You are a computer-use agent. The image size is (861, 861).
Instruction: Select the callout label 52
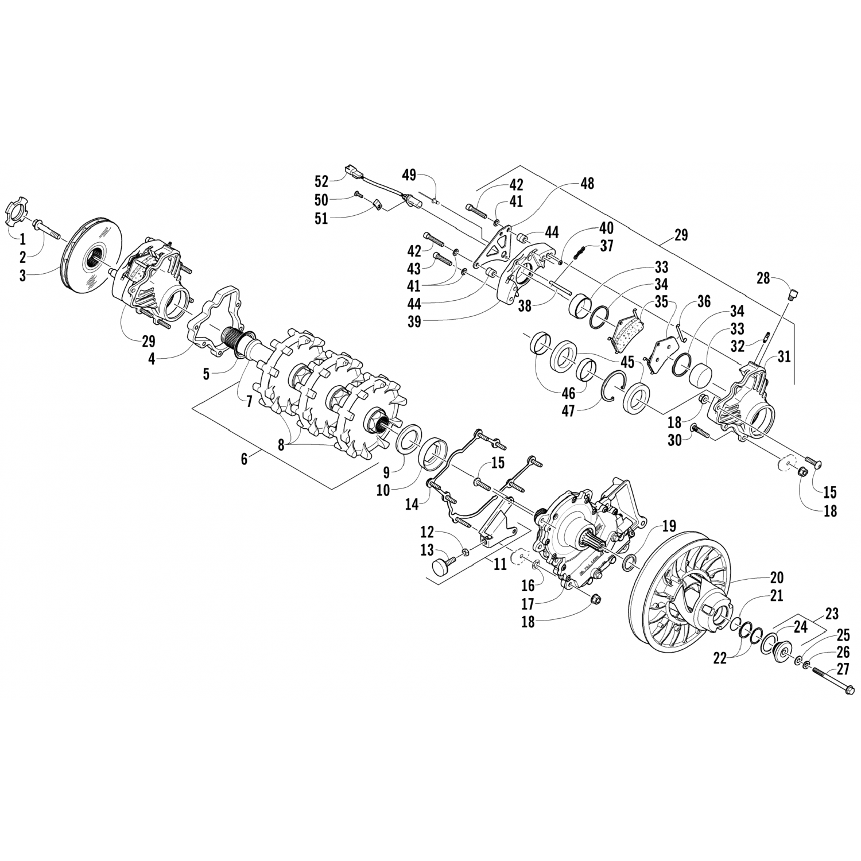pyautogui.click(x=321, y=182)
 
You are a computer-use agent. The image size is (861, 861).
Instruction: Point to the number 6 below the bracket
pyautogui.click(x=245, y=459)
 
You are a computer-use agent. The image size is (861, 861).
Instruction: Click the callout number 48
pyautogui.click(x=587, y=184)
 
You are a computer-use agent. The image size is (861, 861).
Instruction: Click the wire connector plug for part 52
pyautogui.click(x=351, y=170)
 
